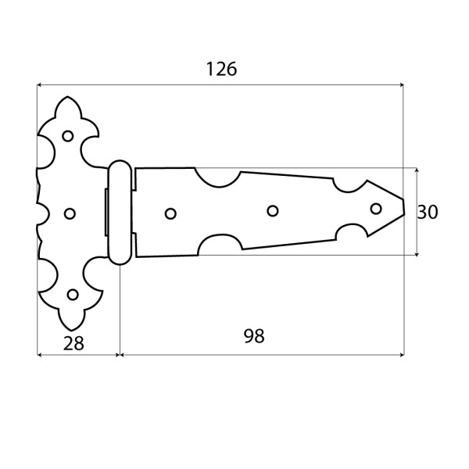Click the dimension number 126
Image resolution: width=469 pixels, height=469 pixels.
click(x=222, y=69)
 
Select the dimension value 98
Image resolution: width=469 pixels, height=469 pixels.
click(x=254, y=336)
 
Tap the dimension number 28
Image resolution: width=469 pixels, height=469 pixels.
click(x=73, y=343)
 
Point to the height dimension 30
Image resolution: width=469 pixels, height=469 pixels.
click(x=428, y=212)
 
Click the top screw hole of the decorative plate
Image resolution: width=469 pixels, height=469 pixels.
click(x=68, y=136)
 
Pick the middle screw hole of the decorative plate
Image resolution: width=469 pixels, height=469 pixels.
click(x=70, y=213)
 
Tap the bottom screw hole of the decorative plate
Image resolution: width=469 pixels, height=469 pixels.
click(x=73, y=295)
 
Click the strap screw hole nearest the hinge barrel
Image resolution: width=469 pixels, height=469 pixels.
click(x=170, y=213)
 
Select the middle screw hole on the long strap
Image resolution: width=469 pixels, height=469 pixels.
click(x=273, y=211)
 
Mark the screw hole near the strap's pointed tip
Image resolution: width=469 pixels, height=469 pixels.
click(x=376, y=209)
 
